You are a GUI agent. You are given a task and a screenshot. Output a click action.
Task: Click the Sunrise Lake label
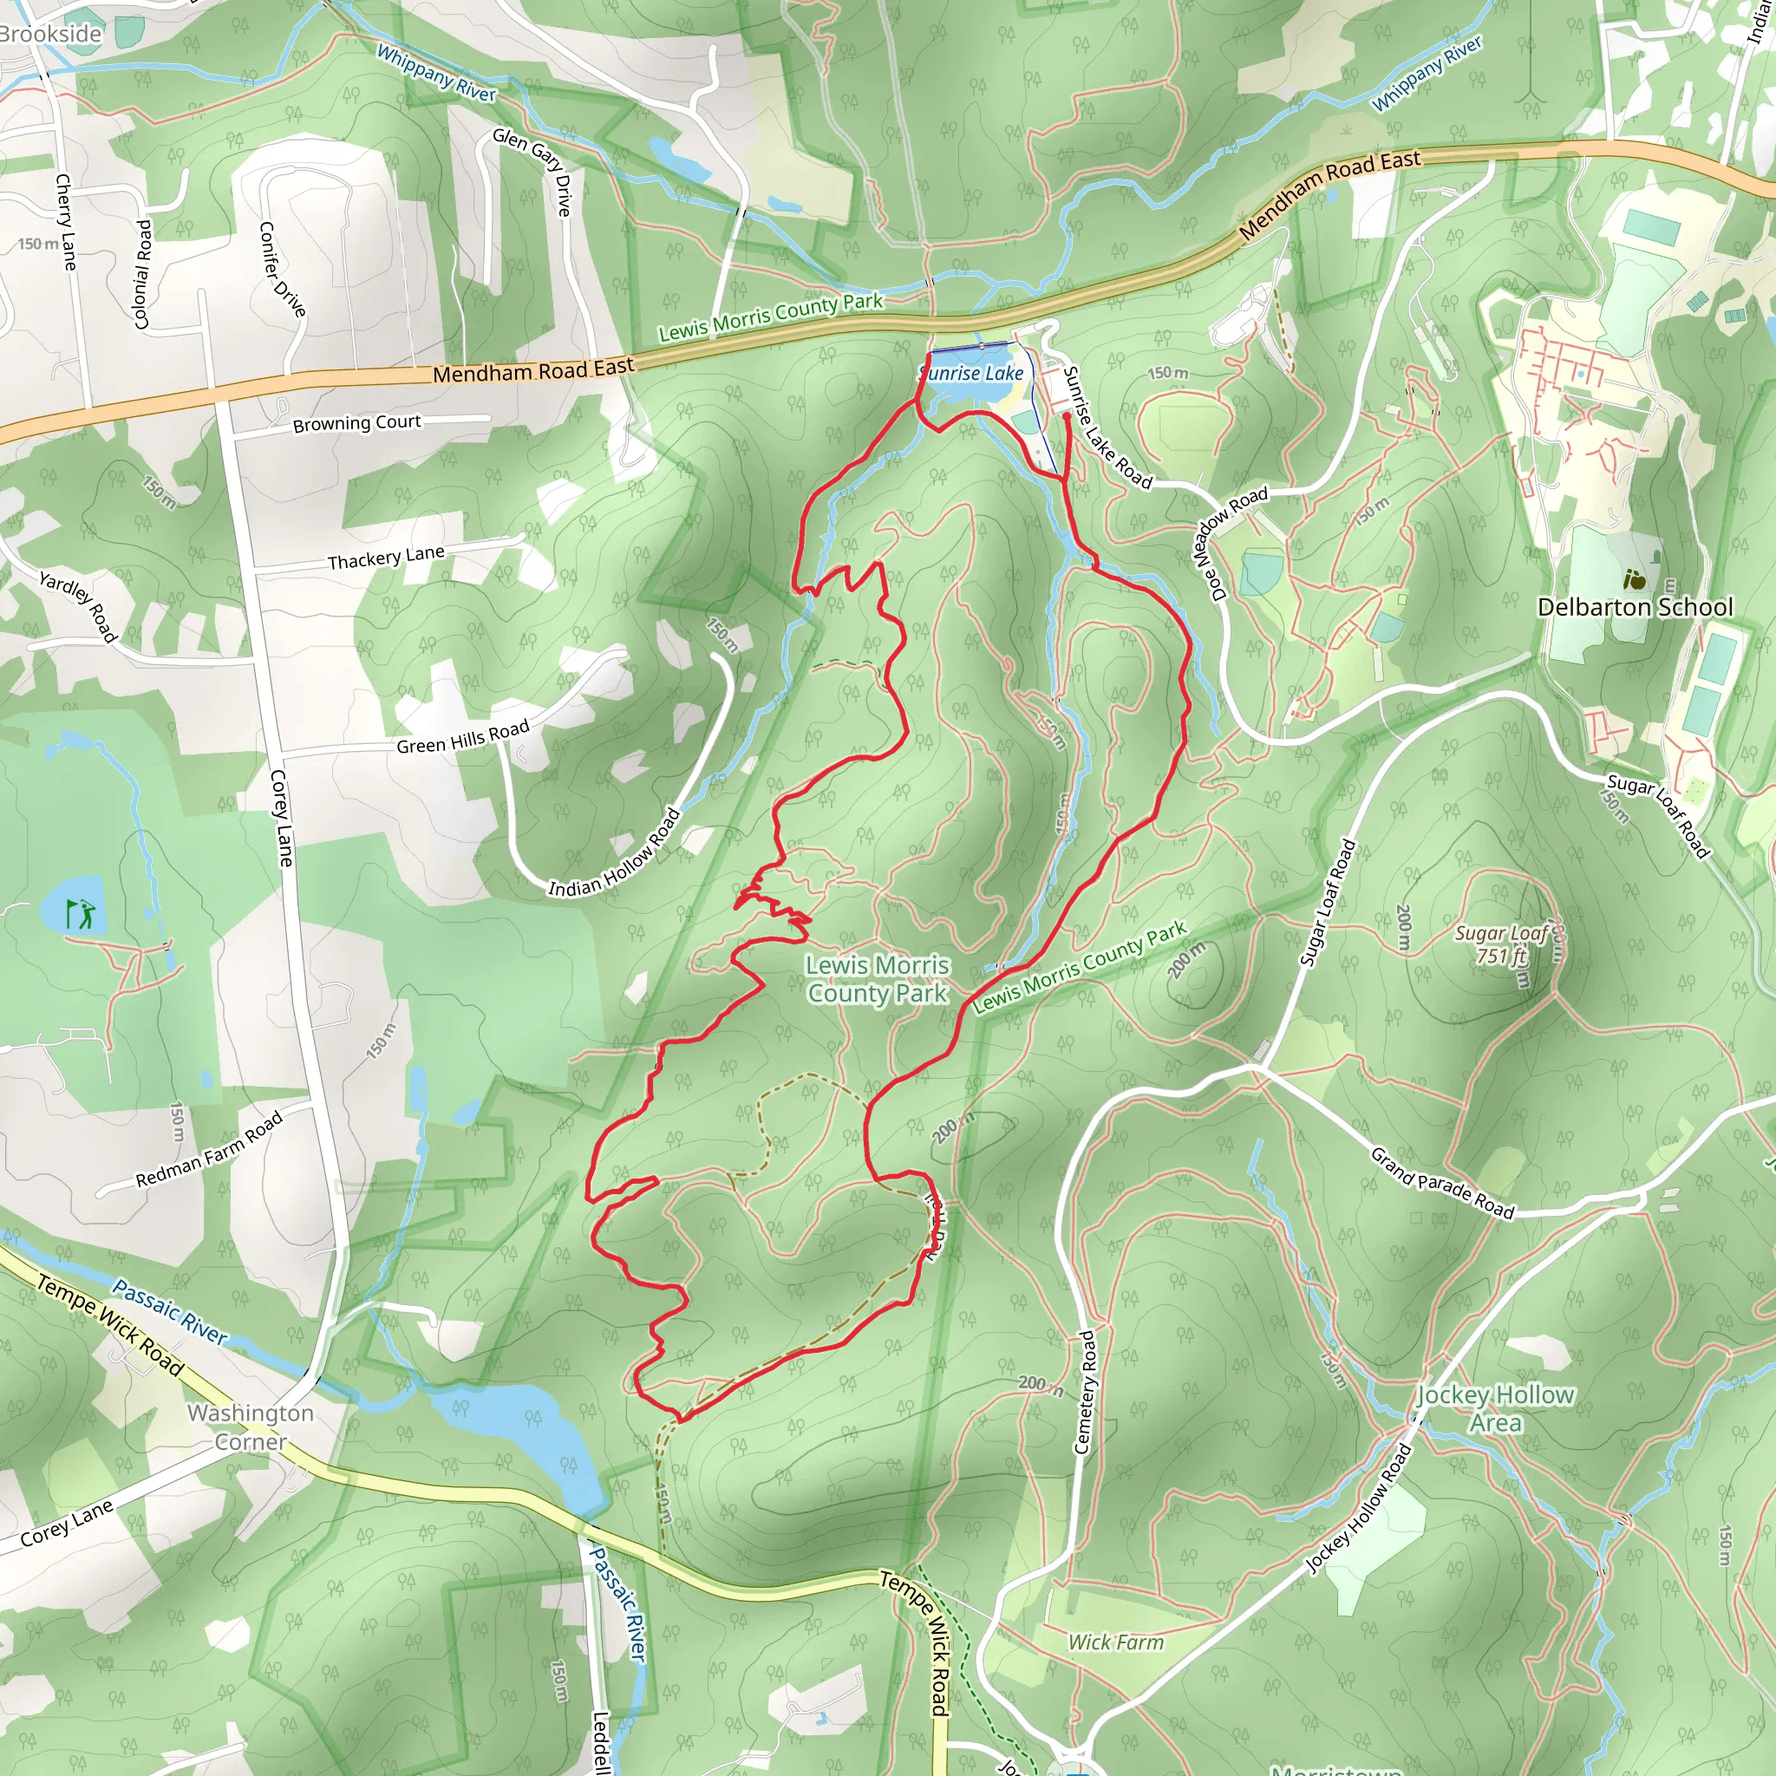(x=971, y=373)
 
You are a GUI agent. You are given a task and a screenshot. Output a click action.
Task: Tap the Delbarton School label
(x=1635, y=608)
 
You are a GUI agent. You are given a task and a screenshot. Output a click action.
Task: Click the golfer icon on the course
(x=81, y=914)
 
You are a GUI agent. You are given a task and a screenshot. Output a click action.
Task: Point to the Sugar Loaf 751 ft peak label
(x=1501, y=945)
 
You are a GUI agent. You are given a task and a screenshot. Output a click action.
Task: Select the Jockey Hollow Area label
(x=1495, y=1408)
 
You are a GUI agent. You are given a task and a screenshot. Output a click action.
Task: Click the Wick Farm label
(x=1115, y=1642)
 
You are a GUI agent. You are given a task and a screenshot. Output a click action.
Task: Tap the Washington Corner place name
(x=251, y=1427)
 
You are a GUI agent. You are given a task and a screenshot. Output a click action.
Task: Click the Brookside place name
(x=50, y=34)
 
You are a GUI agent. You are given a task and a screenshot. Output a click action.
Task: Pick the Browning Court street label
(x=356, y=424)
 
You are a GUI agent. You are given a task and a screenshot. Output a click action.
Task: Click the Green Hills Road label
(x=462, y=737)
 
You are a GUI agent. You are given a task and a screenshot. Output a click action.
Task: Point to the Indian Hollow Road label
(x=614, y=854)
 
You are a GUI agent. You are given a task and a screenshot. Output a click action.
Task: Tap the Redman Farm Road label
(x=209, y=1150)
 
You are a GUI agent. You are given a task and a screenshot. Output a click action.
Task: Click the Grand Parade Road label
(x=1441, y=1183)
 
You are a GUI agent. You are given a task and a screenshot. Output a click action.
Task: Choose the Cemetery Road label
(x=1086, y=1392)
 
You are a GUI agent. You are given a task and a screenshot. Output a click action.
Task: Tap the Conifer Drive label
(x=282, y=270)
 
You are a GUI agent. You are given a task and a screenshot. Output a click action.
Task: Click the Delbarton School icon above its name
(x=1634, y=579)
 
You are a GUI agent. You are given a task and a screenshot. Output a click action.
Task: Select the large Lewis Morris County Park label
(x=877, y=979)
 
